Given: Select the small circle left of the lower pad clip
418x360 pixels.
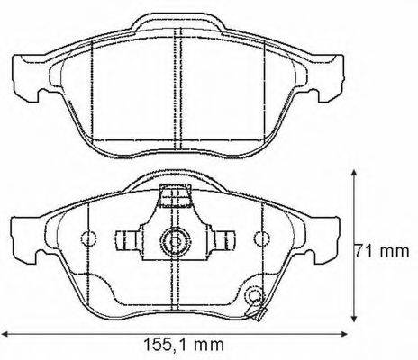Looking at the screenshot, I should [x=87, y=239].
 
